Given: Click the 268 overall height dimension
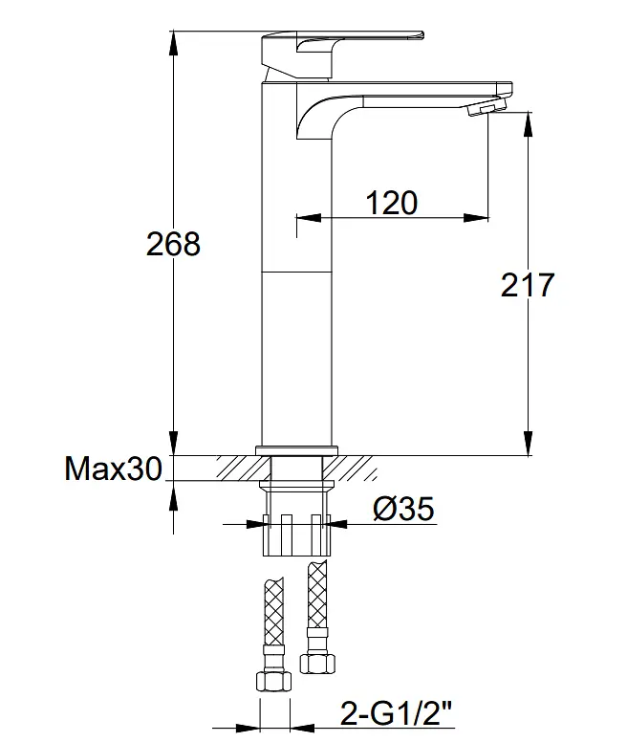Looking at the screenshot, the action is pos(173,244).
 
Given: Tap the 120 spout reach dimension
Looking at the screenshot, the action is pos(392,203).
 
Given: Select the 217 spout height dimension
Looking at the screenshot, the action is pos(528,285).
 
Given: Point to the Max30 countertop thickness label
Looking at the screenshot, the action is pos(113,469).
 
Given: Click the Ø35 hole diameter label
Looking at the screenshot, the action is pos(403,509).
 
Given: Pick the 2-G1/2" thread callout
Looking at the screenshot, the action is pos(396,713).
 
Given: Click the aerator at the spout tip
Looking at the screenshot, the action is pos(486,106).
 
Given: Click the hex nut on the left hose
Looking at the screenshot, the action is pos(273,681).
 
